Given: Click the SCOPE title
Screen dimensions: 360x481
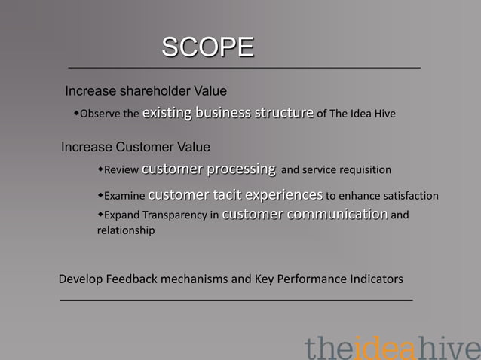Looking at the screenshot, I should pos(208,47).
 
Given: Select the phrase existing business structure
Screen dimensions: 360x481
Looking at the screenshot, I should pos(228,114).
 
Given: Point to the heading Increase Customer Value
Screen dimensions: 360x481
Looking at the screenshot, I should pos(135,146).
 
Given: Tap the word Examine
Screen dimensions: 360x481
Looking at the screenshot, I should pos(124,197).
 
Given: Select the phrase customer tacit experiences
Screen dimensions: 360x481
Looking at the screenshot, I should pos(236,195).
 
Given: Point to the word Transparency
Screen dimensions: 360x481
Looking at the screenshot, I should pos(174,215).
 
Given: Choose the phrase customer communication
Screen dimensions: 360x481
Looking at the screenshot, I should pos(305,214).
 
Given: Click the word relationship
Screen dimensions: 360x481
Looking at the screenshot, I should pos(126,231).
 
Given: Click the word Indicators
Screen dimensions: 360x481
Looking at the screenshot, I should pos(375,279).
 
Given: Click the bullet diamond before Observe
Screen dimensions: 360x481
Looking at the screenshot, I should pos(77,114).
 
